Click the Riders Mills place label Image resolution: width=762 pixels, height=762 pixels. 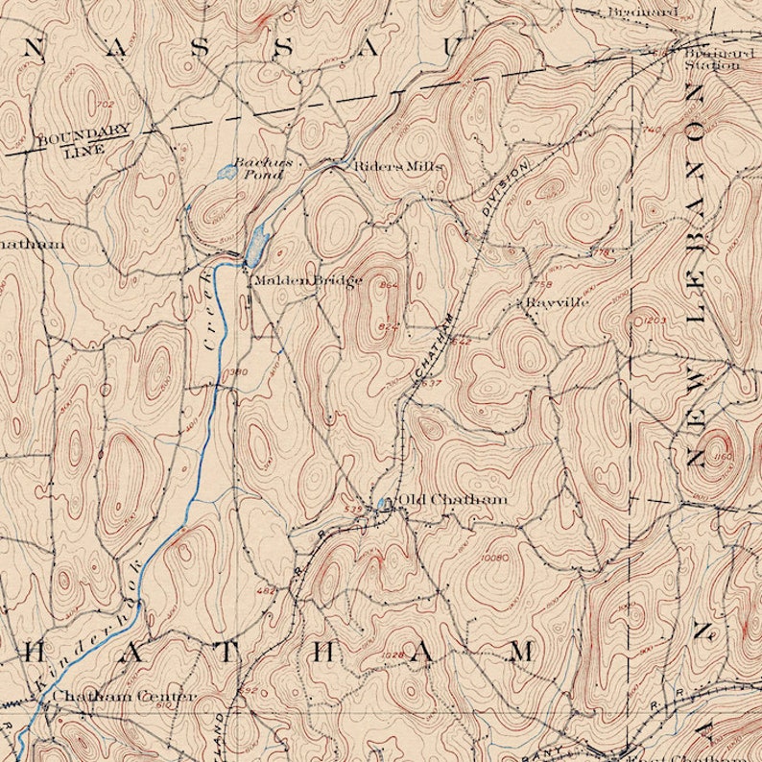point(398,166)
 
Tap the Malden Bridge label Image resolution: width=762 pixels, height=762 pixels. point(307,280)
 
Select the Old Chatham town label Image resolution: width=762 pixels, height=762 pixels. point(452,499)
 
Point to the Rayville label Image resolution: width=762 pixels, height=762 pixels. point(557,301)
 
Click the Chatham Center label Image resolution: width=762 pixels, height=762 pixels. point(125,696)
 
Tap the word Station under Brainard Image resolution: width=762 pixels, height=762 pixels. point(712,66)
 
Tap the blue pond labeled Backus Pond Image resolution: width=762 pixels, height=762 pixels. point(226,173)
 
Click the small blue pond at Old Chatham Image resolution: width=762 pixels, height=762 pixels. point(384,502)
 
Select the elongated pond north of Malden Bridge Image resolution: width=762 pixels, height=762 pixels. point(256,247)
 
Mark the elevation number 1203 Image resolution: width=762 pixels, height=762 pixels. point(654,321)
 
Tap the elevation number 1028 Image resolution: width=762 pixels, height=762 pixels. point(392,655)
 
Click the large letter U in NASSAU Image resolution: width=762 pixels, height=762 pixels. point(451,48)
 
